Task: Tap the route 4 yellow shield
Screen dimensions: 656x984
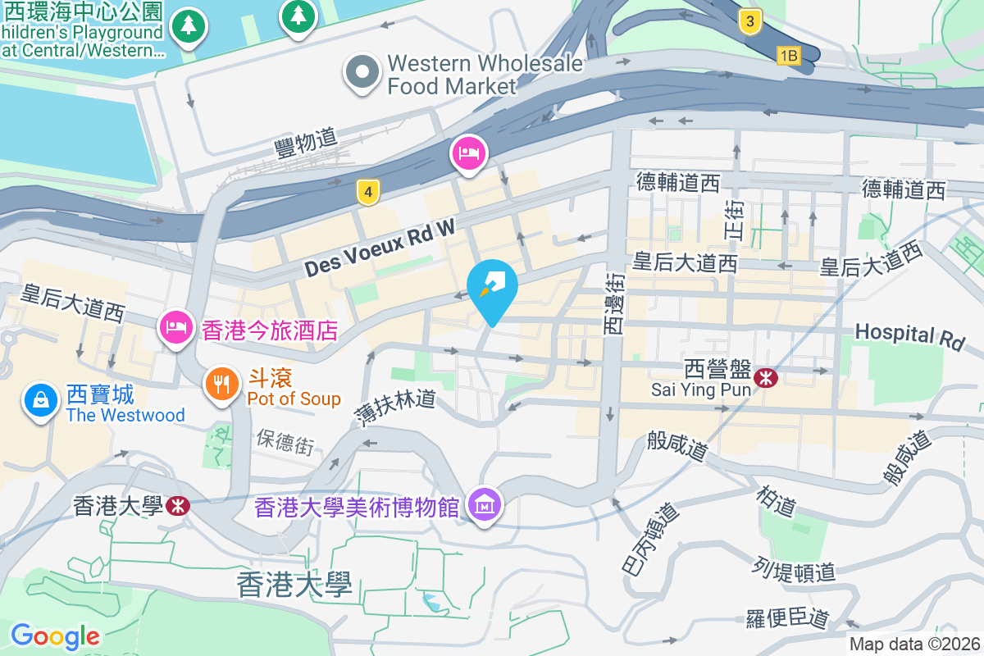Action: pos(368,193)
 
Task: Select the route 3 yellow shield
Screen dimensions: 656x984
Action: pos(749,21)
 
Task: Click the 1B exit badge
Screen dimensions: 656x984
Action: pos(788,56)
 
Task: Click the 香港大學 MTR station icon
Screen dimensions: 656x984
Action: pos(176,505)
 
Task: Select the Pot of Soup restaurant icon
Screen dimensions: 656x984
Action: pos(221,382)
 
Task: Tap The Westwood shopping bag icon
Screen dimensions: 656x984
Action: pos(40,401)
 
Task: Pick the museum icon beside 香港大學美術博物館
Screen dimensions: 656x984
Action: pos(485,505)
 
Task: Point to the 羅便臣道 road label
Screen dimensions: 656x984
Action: pos(788,617)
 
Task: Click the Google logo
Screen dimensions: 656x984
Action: pos(55,635)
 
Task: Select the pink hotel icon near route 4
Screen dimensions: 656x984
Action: pos(469,153)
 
